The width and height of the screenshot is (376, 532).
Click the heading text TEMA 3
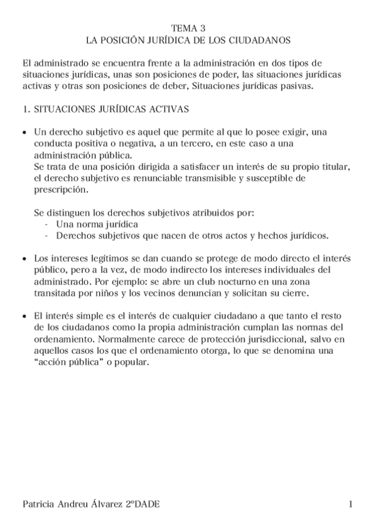point(188,28)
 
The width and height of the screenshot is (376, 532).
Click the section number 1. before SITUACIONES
point(26,109)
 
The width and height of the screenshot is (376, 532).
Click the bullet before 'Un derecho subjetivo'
point(24,133)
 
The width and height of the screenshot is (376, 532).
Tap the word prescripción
point(62,189)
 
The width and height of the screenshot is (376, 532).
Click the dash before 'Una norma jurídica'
point(48,224)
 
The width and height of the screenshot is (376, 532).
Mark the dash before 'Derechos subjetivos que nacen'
point(48,235)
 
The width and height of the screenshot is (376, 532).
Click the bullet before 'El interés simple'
point(24,317)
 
